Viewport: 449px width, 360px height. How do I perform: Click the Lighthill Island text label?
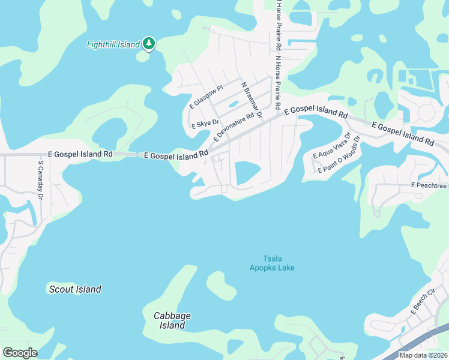click(x=113, y=44)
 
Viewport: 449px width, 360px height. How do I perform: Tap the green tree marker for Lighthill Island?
click(x=149, y=44)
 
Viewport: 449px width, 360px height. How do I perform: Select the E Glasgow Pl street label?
click(x=206, y=97)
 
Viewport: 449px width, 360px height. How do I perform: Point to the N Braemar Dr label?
click(x=252, y=100)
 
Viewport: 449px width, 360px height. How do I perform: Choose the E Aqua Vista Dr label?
click(x=331, y=146)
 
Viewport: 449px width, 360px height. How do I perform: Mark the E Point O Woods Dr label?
click(x=339, y=155)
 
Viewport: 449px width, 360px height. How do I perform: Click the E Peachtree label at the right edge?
click(x=429, y=186)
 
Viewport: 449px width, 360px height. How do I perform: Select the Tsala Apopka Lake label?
click(x=272, y=263)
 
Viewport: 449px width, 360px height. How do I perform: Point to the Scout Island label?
click(x=74, y=289)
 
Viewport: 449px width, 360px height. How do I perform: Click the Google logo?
click(x=20, y=353)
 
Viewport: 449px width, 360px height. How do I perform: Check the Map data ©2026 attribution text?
click(x=423, y=355)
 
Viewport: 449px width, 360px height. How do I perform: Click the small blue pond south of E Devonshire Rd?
click(x=247, y=173)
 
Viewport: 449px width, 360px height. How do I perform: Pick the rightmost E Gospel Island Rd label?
click(x=403, y=134)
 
